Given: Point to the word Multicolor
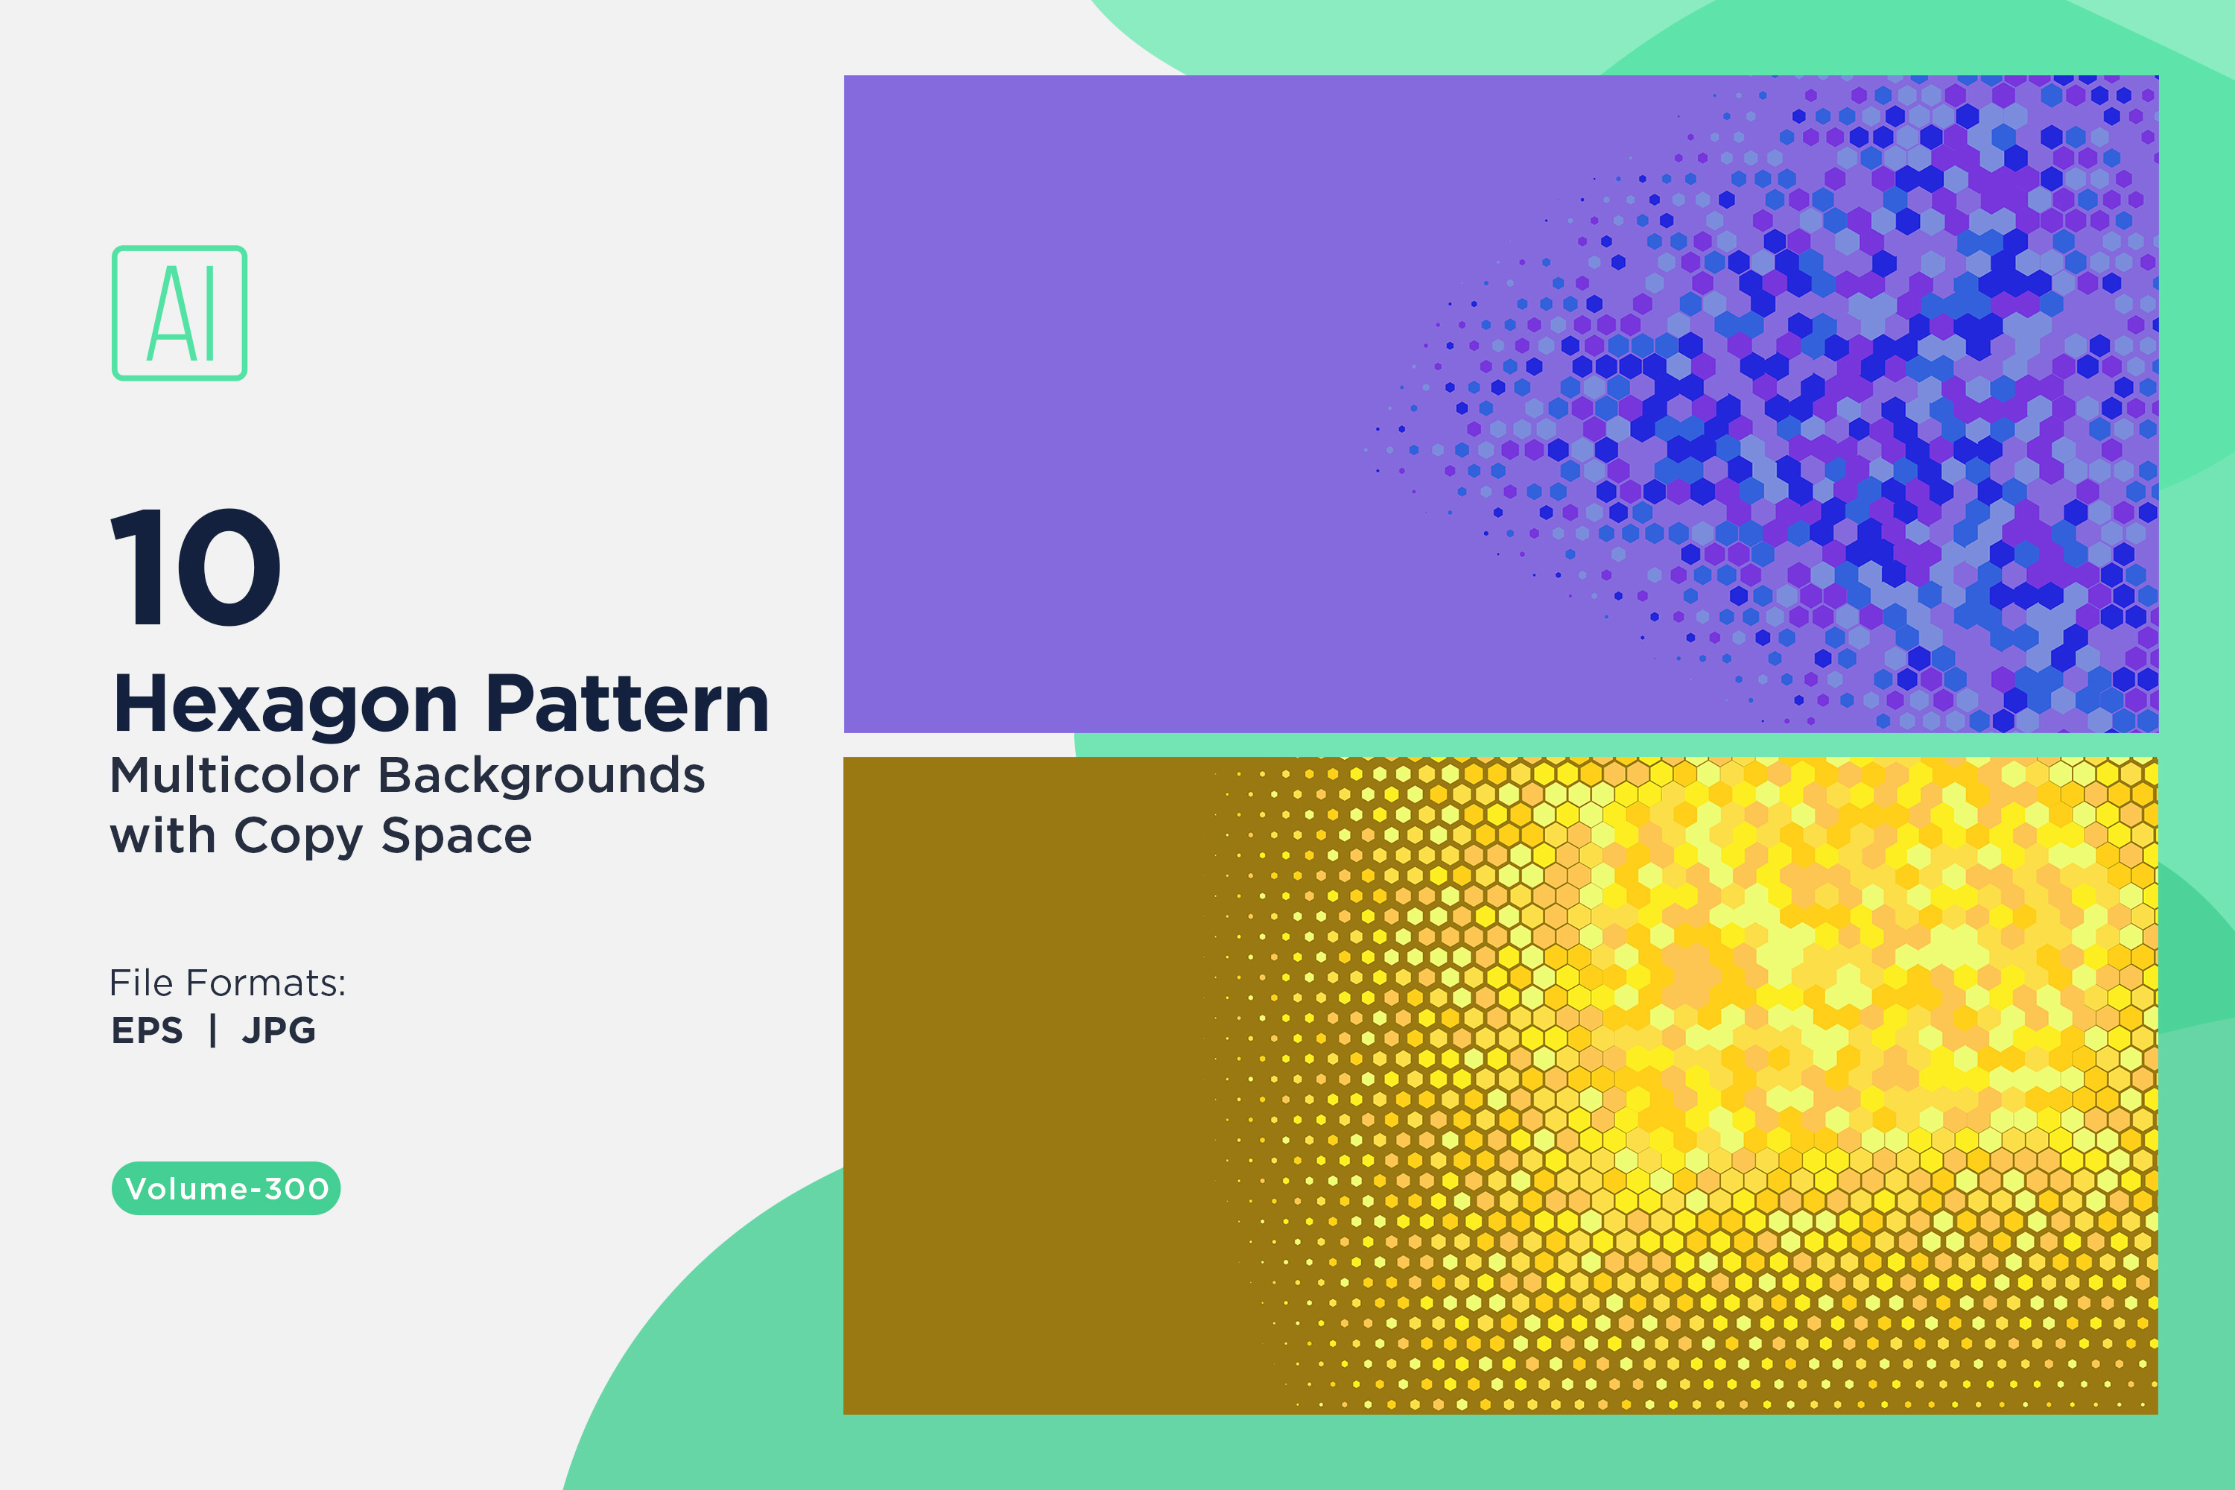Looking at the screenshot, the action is (237, 776).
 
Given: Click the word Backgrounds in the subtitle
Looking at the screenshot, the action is (542, 776).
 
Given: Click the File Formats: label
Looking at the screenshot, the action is (228, 983).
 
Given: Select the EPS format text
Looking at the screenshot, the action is (148, 1030).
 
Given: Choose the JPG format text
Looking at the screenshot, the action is (279, 1030).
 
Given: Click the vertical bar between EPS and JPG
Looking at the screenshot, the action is (213, 1030).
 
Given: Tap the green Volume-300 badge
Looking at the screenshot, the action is (226, 1188).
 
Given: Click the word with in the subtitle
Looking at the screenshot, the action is (163, 836).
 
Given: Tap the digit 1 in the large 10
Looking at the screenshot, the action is (137, 567).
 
